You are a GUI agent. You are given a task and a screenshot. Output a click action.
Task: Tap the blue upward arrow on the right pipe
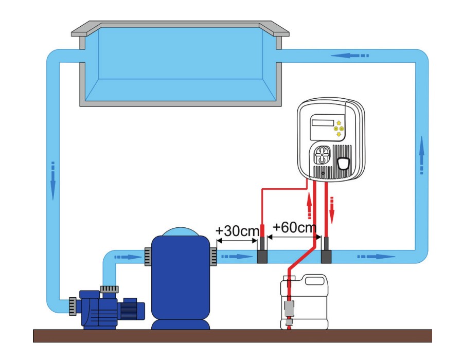click(x=422, y=155)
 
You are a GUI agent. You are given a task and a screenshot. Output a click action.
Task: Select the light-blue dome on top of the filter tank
click(x=180, y=232)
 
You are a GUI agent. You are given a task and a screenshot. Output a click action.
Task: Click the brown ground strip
click(x=232, y=336)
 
